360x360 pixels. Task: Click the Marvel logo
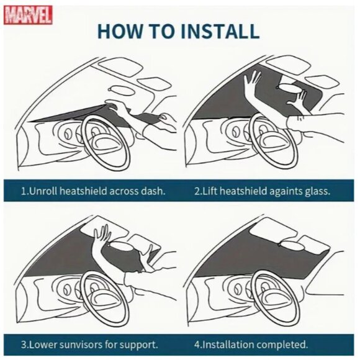(x=28, y=15)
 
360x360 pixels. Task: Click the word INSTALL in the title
(x=220, y=31)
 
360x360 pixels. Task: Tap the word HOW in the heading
(x=120, y=31)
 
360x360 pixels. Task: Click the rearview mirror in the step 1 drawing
(x=122, y=91)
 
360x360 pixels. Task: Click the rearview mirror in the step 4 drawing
(x=292, y=246)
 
